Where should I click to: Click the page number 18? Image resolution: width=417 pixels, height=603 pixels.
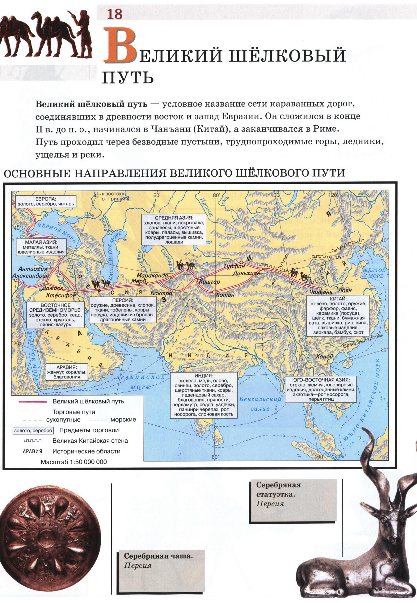click(115, 14)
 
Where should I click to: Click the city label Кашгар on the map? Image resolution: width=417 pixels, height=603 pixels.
click(210, 282)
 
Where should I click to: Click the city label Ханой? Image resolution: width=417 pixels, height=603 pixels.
click(324, 356)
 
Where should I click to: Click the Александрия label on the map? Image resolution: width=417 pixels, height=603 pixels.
click(31, 276)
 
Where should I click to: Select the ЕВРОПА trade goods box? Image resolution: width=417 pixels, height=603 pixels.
click(46, 201)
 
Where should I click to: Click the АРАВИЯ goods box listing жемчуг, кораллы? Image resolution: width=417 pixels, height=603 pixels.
click(67, 372)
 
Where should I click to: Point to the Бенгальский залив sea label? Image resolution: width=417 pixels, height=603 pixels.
click(260, 403)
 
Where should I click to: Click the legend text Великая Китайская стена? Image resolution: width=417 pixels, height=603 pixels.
click(90, 441)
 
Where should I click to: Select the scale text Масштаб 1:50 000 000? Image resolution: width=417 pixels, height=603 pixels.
click(74, 462)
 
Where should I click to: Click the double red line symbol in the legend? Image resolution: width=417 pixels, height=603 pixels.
click(32, 402)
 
